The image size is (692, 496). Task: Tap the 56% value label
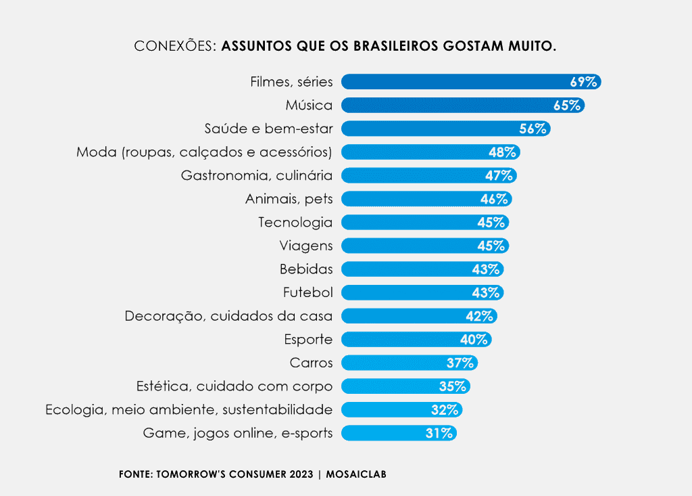click(532, 129)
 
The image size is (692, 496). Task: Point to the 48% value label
click(502, 152)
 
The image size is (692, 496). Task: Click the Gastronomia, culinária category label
click(257, 175)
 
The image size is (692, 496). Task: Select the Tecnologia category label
click(295, 222)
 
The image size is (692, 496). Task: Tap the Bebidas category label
click(306, 269)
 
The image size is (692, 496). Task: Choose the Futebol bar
click(405, 292)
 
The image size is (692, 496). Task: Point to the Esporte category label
click(308, 339)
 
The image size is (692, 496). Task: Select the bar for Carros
click(392, 363)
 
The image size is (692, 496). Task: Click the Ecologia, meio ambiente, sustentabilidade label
click(189, 409)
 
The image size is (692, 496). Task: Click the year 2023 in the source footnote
click(301, 474)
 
